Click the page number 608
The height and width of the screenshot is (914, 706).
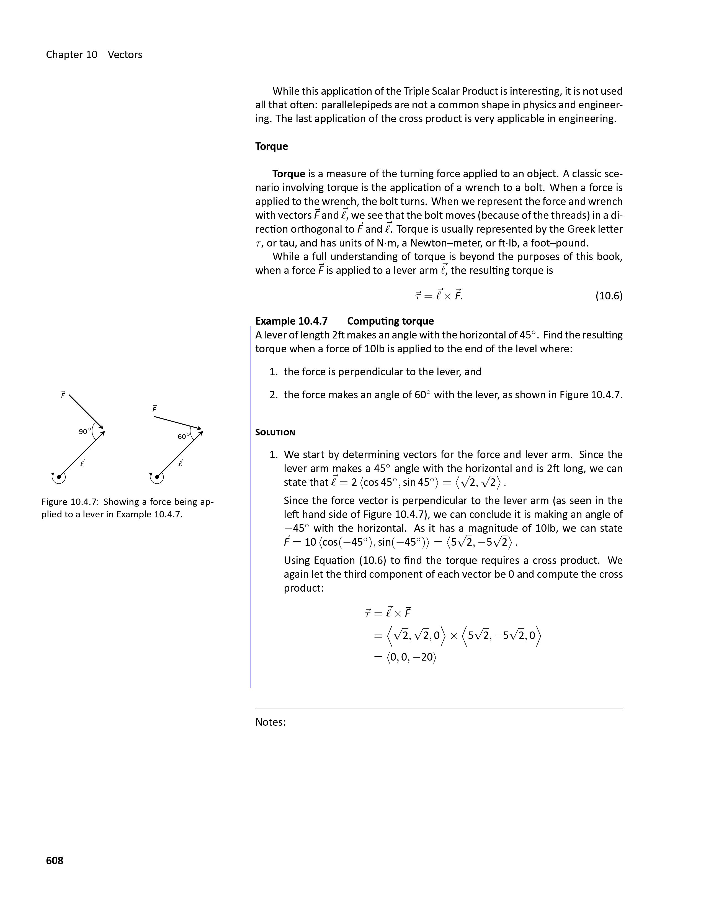54,861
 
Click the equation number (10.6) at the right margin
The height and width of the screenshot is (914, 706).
609,296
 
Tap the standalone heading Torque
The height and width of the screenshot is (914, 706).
271,147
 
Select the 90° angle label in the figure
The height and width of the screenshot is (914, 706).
84,432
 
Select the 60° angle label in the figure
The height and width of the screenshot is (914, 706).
184,437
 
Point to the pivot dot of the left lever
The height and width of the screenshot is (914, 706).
59,477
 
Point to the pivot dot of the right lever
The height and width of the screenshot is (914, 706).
157,477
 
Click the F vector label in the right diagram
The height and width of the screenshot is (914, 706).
154,409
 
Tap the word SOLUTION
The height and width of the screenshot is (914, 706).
275,433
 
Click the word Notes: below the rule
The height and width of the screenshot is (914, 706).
270,722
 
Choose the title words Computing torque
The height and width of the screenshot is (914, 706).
390,321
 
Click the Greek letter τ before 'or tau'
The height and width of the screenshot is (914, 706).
258,243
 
